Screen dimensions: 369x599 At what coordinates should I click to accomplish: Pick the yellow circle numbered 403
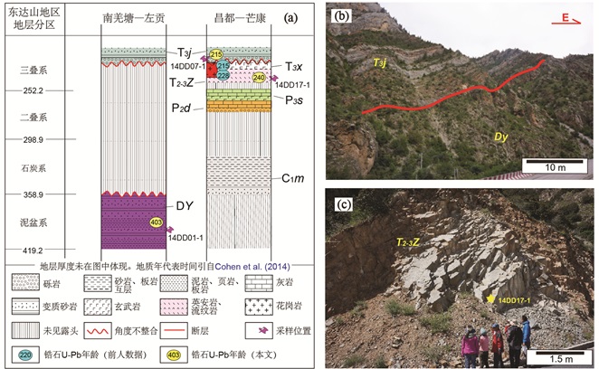tap(155, 222)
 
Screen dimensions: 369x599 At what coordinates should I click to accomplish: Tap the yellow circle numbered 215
tap(216, 55)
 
